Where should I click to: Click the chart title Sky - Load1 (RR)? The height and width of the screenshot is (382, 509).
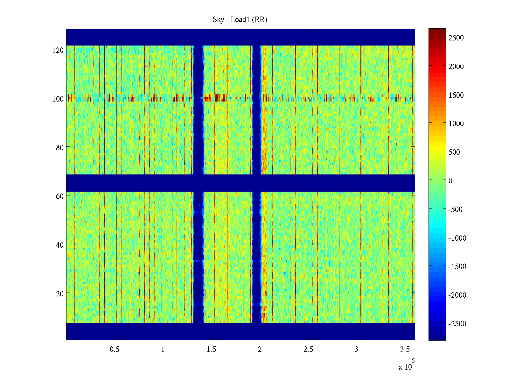[240, 20]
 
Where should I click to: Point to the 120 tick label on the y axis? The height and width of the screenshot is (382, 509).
[58, 50]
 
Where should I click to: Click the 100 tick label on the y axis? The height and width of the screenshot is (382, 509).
[58, 99]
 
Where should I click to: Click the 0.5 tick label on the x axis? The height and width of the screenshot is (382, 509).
[115, 350]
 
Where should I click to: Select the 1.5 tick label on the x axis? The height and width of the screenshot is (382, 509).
[211, 350]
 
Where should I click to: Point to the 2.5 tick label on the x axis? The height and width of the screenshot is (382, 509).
[308, 350]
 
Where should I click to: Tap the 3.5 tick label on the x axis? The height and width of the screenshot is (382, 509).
[405, 350]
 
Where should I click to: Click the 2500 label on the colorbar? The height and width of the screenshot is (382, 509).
[456, 38]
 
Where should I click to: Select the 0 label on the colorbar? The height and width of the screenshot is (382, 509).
[450, 181]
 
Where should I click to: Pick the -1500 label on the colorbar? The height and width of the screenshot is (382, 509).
[457, 266]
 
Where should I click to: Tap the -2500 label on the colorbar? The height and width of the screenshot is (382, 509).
[457, 324]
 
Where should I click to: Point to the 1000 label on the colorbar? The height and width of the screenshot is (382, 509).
[456, 124]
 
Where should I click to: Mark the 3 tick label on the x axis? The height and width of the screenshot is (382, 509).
[356, 350]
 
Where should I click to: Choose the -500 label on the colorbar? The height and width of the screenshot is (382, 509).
[455, 209]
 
